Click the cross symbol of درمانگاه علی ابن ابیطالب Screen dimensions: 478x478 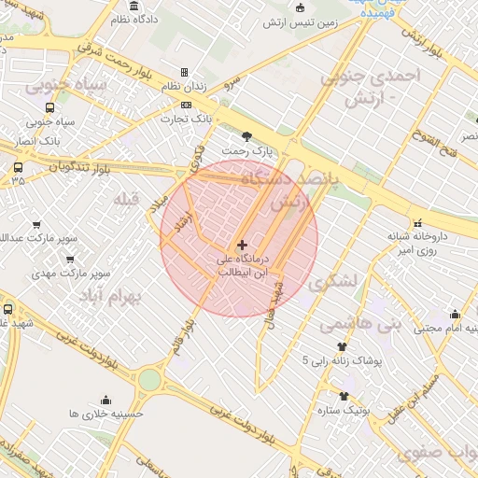click(x=243, y=245)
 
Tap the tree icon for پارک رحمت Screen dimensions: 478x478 click(x=246, y=136)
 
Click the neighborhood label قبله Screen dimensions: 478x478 click(x=124, y=200)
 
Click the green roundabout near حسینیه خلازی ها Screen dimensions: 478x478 click(x=149, y=379)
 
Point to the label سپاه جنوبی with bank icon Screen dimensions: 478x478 click(x=50, y=121)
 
